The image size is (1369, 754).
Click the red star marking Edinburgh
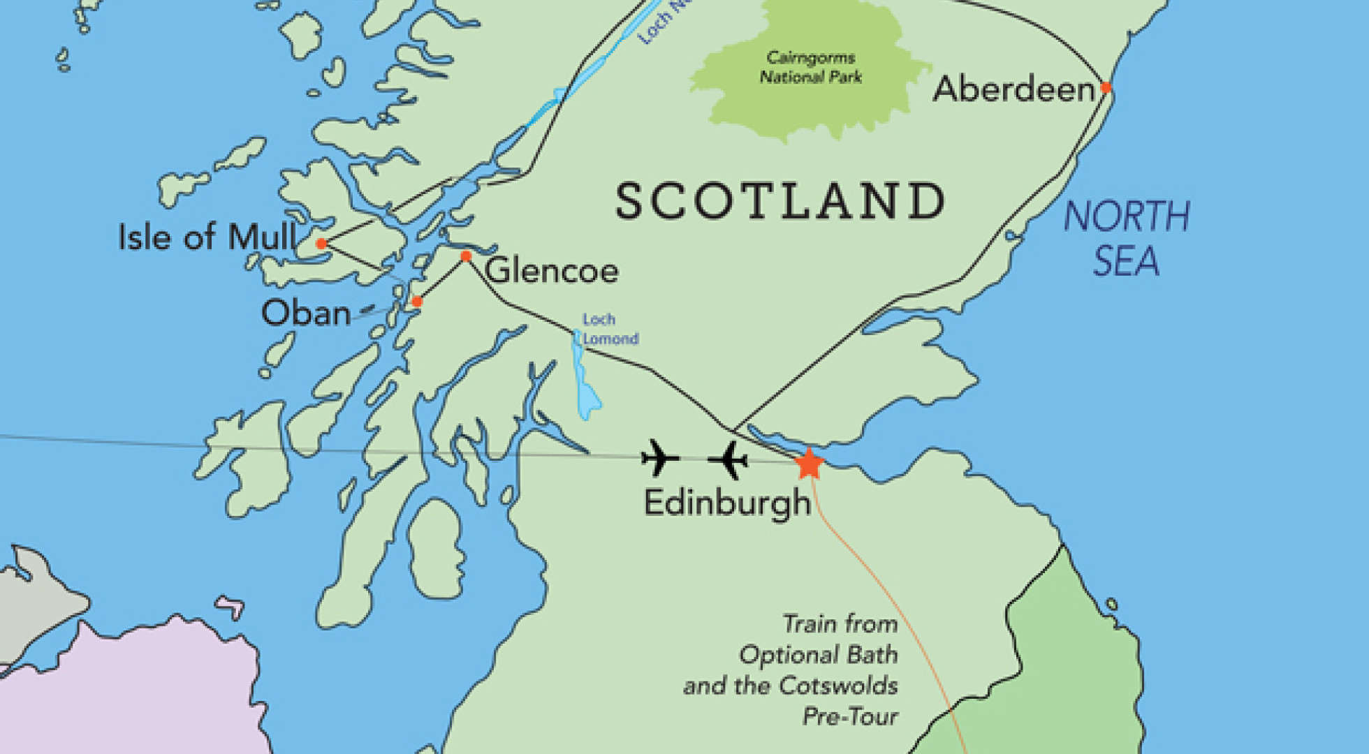tap(809, 464)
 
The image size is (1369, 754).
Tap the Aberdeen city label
tap(1013, 89)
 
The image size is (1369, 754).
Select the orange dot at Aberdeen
tap(1106, 88)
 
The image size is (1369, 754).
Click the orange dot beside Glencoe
tap(466, 256)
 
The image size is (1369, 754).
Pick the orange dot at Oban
tap(417, 302)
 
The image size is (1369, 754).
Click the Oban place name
tap(306, 313)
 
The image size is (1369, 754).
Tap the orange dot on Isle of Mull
tap(321, 244)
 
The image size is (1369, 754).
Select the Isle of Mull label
tap(207, 237)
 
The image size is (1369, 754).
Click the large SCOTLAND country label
tap(780, 202)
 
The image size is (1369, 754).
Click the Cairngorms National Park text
tap(810, 67)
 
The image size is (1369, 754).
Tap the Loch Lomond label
tap(609, 329)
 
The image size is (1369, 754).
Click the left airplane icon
tap(659, 459)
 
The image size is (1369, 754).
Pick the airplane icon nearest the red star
tap(728, 460)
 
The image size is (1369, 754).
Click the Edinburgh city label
tap(726, 503)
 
